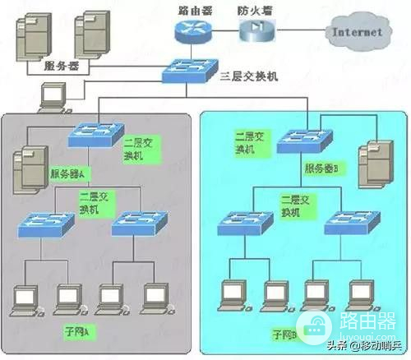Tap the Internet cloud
(356, 32)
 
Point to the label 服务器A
(69, 174)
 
